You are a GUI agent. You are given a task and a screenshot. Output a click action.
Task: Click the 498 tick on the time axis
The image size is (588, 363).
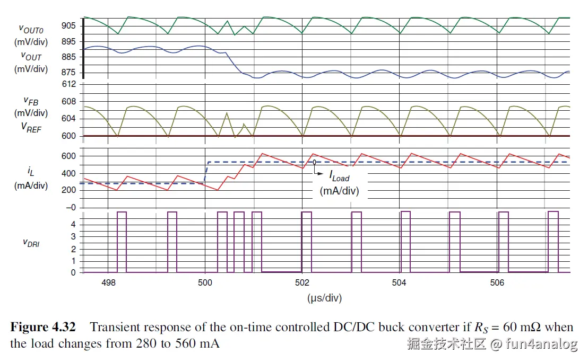click(x=108, y=283)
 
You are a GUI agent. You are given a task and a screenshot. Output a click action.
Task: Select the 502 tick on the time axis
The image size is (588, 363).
click(x=302, y=283)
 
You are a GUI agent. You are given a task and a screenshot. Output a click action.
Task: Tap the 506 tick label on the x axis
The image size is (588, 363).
click(x=497, y=283)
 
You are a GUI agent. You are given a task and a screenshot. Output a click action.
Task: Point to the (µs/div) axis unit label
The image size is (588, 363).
click(x=324, y=298)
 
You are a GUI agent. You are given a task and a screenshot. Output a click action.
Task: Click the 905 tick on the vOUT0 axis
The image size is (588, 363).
click(x=69, y=25)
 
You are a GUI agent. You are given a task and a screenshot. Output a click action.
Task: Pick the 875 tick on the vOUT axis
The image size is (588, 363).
click(x=69, y=73)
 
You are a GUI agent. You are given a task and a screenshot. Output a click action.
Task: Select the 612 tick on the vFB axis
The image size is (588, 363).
click(x=70, y=85)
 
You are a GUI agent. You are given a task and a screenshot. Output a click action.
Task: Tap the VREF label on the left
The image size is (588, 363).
click(x=31, y=128)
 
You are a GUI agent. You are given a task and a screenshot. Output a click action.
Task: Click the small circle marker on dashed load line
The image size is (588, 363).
click(x=315, y=162)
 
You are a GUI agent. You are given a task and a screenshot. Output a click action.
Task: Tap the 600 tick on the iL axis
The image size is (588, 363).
click(x=70, y=156)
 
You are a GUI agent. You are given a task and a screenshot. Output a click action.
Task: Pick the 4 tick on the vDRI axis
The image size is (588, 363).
click(x=73, y=224)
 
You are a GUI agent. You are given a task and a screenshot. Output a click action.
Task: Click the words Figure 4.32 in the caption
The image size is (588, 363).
click(x=43, y=327)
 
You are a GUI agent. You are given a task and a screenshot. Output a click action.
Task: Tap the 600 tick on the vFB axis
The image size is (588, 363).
click(x=70, y=136)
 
